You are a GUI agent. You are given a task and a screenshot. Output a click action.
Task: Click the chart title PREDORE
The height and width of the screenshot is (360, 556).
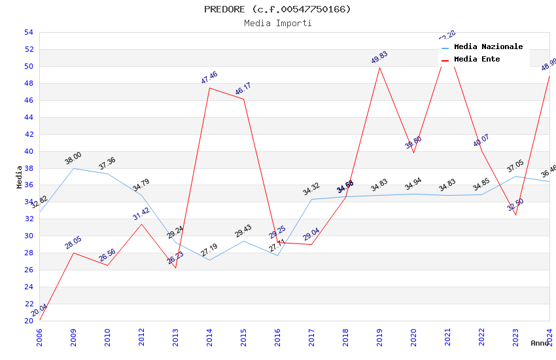277,9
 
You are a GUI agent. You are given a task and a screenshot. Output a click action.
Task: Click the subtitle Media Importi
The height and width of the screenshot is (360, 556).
277,24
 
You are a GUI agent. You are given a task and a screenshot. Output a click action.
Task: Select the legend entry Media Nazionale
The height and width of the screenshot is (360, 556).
488,47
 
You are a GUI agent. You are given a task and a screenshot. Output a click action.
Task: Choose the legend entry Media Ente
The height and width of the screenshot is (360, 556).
477,60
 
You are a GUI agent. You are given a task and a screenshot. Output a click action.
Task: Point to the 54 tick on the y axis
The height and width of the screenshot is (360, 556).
28,32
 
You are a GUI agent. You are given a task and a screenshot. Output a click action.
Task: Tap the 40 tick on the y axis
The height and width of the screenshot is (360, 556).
28,151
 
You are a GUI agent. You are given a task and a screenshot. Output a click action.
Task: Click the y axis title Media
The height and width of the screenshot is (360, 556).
20,177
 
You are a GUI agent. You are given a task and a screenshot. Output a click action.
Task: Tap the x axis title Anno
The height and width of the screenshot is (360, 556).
540,343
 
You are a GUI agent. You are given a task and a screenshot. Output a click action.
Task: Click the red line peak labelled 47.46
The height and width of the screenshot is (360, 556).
209,88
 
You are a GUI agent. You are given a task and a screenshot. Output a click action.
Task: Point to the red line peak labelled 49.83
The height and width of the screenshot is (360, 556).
379,67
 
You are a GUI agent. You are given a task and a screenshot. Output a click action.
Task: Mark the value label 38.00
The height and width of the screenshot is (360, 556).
73,158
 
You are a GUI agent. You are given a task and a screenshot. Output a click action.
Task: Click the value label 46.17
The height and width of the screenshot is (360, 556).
243,89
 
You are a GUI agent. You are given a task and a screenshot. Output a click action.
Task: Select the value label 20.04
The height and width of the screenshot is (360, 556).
39,310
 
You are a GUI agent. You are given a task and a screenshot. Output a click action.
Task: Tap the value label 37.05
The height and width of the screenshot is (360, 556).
515,166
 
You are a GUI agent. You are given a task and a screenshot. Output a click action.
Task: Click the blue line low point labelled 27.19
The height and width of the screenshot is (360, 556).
209,260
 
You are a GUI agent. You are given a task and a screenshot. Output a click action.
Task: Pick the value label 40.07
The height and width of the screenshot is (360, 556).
481,140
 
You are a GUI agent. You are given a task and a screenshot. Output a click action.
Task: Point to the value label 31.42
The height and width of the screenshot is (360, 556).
141,213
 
